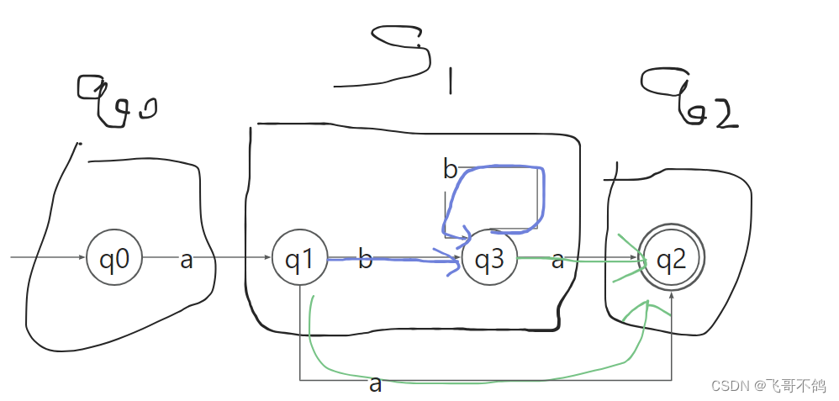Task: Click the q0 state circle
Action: pos(114,258)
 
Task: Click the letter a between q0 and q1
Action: pos(187,261)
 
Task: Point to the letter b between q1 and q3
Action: pos(366,260)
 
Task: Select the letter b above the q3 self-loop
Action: pos(451,170)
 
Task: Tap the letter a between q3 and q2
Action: pos(557,261)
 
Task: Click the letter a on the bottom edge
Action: pos(376,385)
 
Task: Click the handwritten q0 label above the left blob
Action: pos(118,103)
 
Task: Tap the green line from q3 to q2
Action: pos(580,260)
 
